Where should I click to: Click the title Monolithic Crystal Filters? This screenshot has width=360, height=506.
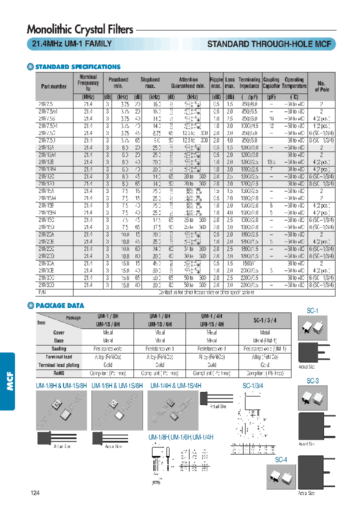tap(80, 29)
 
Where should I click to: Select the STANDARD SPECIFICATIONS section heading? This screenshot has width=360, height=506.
tap(77, 66)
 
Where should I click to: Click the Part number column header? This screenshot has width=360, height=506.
tap(54, 86)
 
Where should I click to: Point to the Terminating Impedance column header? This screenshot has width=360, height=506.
tap(249, 83)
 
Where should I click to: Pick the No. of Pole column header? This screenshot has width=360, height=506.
tap(321, 86)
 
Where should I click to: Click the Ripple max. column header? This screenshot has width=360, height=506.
tap(216, 83)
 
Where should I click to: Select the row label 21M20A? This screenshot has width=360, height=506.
tap(47, 234)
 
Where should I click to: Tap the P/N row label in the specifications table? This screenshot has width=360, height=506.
tap(41, 291)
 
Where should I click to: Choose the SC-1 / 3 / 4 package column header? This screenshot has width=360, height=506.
tap(264, 319)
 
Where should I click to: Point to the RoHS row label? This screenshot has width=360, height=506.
tap(59, 373)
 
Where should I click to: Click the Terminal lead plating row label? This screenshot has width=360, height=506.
tap(59, 365)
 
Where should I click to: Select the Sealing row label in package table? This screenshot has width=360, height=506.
tap(59, 348)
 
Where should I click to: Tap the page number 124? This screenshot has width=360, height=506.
tap(34, 493)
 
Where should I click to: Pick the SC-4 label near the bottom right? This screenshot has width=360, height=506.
tap(281, 459)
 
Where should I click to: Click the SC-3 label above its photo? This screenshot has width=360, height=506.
tap(312, 381)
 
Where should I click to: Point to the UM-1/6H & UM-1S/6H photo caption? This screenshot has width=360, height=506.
tap(117, 385)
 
